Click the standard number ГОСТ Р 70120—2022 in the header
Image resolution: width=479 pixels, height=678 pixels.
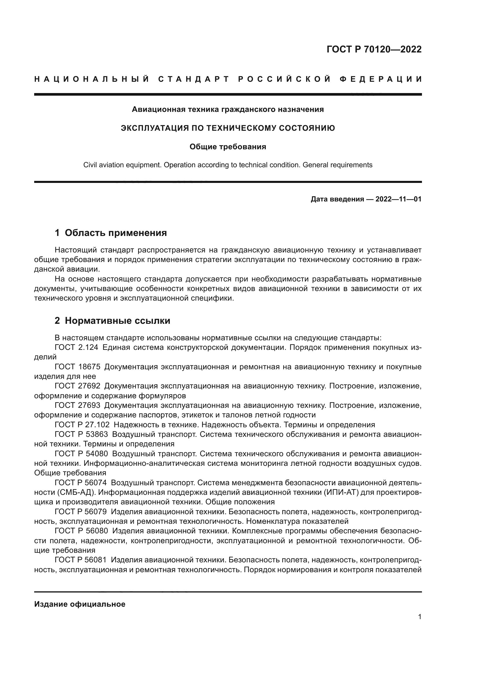coord(374,50)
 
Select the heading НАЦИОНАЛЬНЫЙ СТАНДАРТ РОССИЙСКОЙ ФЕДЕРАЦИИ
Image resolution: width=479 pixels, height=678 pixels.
coord(228,79)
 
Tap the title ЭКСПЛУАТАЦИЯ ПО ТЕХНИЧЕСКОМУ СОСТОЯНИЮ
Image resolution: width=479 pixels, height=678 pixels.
coord(228,128)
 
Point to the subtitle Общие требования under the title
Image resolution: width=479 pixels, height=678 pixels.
coord(228,147)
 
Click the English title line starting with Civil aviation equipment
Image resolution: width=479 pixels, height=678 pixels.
coord(228,165)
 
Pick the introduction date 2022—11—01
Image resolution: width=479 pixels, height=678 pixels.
coord(398,199)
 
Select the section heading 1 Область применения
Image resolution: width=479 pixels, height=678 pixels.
coord(111,233)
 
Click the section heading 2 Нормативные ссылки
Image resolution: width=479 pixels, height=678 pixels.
coord(112,320)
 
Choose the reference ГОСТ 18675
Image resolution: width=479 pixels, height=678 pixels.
coord(77,367)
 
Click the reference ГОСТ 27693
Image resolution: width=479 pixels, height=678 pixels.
coord(77,406)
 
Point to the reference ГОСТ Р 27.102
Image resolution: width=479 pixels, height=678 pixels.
coord(82,425)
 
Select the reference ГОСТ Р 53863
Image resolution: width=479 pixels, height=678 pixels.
coord(81,435)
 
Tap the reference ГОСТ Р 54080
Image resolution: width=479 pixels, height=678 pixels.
coord(81,454)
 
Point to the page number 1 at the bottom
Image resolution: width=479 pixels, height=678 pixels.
coord(420,617)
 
